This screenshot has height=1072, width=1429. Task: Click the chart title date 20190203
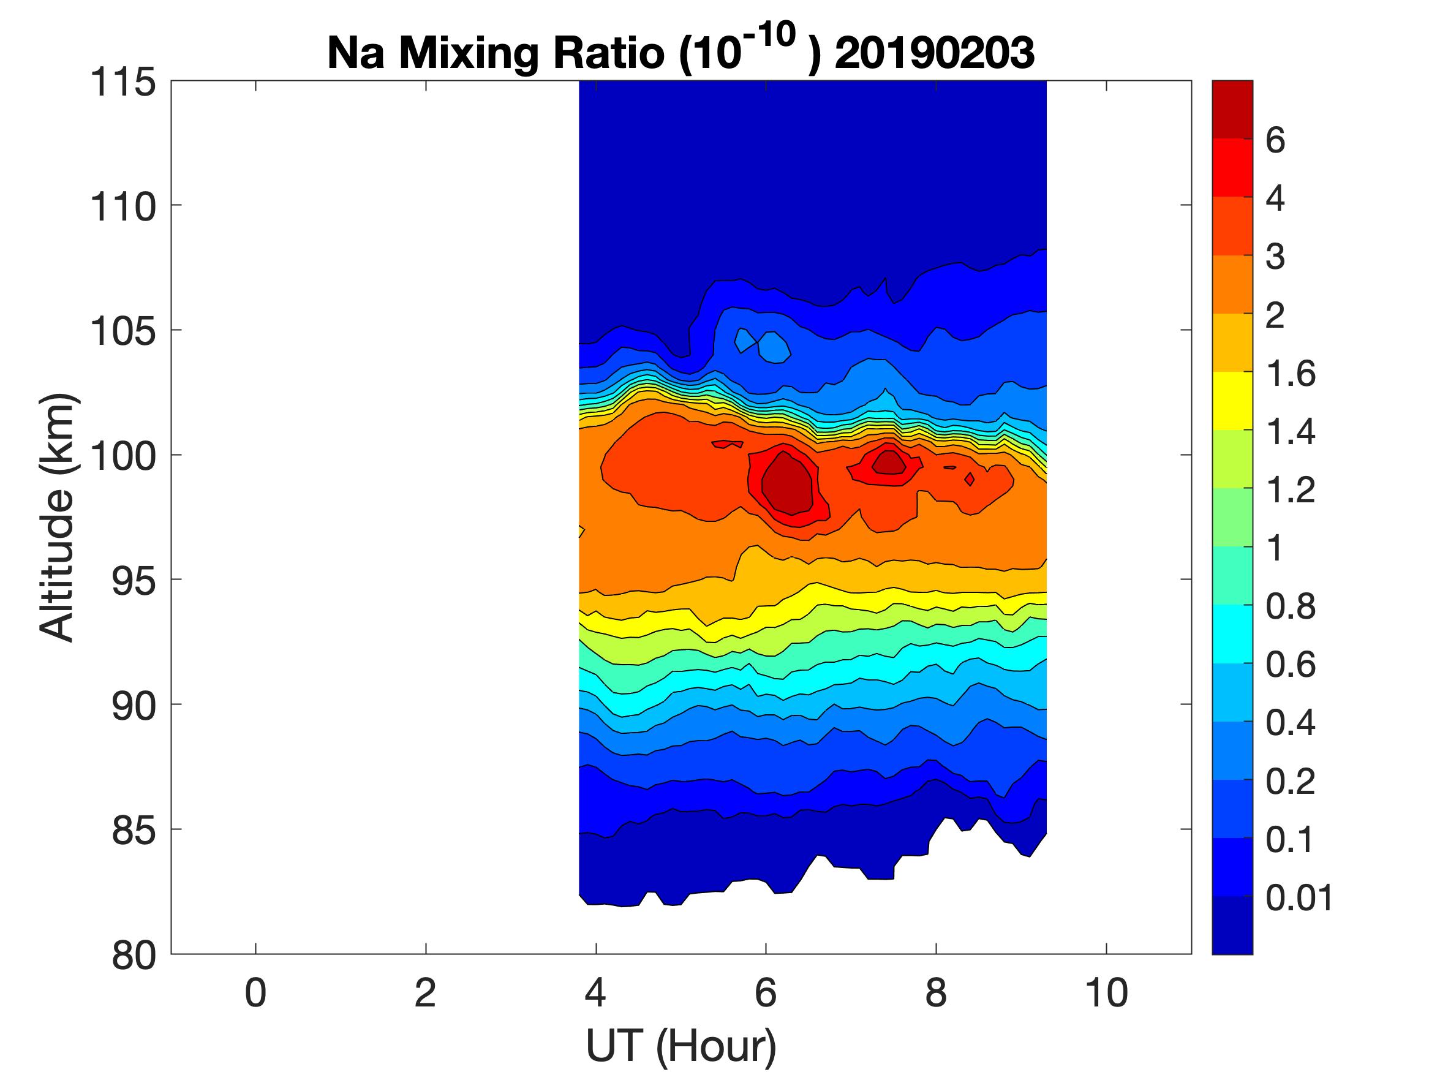tap(934, 52)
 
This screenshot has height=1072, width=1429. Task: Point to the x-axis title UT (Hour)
tap(681, 1045)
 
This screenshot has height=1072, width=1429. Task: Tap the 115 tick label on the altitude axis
tap(123, 83)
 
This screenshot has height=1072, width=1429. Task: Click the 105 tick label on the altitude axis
tap(123, 331)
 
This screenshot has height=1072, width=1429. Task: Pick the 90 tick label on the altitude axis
tap(134, 706)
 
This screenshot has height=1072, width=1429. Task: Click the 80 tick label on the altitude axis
tap(134, 955)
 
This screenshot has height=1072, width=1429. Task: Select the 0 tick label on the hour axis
tap(255, 993)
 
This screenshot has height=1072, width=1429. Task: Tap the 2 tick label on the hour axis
tap(425, 993)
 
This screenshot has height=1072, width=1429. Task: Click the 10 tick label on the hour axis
tap(1106, 993)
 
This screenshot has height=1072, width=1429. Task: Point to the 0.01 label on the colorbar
tap(1299, 897)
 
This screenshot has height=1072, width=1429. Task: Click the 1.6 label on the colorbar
tap(1290, 374)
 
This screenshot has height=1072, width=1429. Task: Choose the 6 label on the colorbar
tap(1275, 140)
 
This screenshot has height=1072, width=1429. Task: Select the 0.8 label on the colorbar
tap(1290, 607)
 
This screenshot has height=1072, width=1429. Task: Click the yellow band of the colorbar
tap(1232, 401)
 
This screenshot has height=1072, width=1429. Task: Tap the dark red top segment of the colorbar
tap(1232, 108)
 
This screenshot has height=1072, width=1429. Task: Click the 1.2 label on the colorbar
tap(1290, 490)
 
